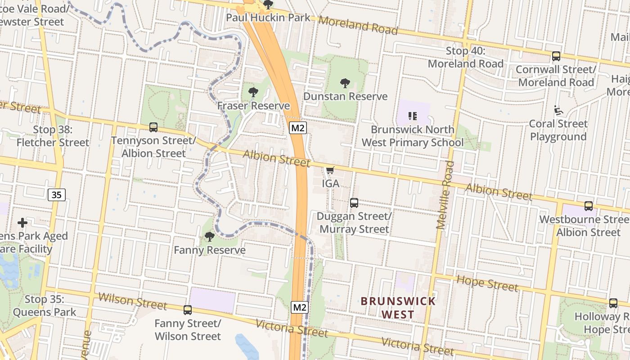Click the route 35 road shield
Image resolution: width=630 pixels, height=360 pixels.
click(56, 195)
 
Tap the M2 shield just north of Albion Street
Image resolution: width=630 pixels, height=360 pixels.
click(298, 128)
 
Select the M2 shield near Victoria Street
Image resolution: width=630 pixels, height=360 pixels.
click(300, 307)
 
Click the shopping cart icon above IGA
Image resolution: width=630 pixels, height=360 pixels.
click(330, 170)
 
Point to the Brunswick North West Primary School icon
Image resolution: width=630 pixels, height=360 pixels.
click(413, 116)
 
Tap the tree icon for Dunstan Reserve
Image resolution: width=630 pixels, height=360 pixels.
click(345, 83)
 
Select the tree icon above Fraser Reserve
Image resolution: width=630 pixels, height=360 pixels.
click(253, 92)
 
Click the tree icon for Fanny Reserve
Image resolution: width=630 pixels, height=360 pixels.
click(209, 236)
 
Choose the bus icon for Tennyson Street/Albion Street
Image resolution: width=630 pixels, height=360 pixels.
click(153, 127)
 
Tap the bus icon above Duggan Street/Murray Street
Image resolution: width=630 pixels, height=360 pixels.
click(354, 203)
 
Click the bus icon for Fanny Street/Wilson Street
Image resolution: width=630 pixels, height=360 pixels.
click(188, 310)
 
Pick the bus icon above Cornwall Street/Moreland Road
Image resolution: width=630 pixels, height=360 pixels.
click(556, 56)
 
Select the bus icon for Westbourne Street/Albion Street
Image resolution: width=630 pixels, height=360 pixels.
click(588, 206)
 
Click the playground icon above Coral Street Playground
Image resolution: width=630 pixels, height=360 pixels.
click(558, 110)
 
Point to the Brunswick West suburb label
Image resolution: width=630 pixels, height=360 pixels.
click(398, 308)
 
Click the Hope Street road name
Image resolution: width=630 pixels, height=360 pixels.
click(487, 283)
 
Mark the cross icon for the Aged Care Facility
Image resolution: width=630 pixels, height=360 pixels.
click(22, 223)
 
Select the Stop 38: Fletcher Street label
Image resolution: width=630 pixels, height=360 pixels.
click(53, 136)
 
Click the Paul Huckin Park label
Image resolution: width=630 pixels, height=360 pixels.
click(268, 18)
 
